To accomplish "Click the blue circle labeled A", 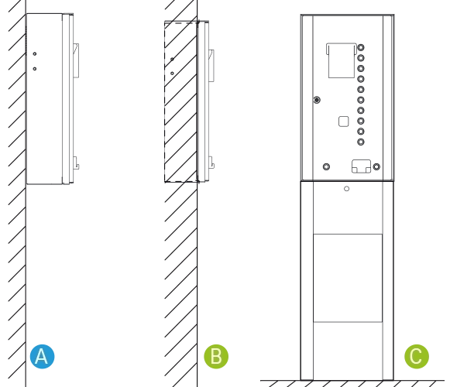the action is pyautogui.click(x=42, y=356).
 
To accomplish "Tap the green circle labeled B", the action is pyautogui.click(x=216, y=356).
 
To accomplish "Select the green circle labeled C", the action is pyautogui.click(x=417, y=356).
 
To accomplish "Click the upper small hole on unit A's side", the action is pyautogui.click(x=35, y=54).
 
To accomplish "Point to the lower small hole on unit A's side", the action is pyautogui.click(x=35, y=69).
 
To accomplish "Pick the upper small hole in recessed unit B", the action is pyautogui.click(x=172, y=60).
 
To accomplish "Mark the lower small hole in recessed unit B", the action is pyautogui.click(x=172, y=74).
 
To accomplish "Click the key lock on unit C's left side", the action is pyautogui.click(x=317, y=100).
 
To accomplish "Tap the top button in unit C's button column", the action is pyautogui.click(x=361, y=47).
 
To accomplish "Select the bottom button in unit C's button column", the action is pyautogui.click(x=361, y=142).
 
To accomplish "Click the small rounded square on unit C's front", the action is pyautogui.click(x=344, y=122).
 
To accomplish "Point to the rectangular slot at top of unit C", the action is pyautogui.click(x=342, y=60).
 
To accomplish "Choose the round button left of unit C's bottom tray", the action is pyautogui.click(x=326, y=166).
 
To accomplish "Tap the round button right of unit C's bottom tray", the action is pyautogui.click(x=376, y=166).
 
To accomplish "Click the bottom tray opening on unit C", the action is pyautogui.click(x=362, y=166).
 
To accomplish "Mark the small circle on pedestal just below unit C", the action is pyautogui.click(x=347, y=189).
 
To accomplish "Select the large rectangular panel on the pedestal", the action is pyautogui.click(x=348, y=278).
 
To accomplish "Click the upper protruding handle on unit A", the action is pyautogui.click(x=76, y=60).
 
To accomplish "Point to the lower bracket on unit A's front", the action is pyautogui.click(x=76, y=163).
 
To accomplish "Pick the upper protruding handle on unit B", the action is pyautogui.click(x=211, y=66).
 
